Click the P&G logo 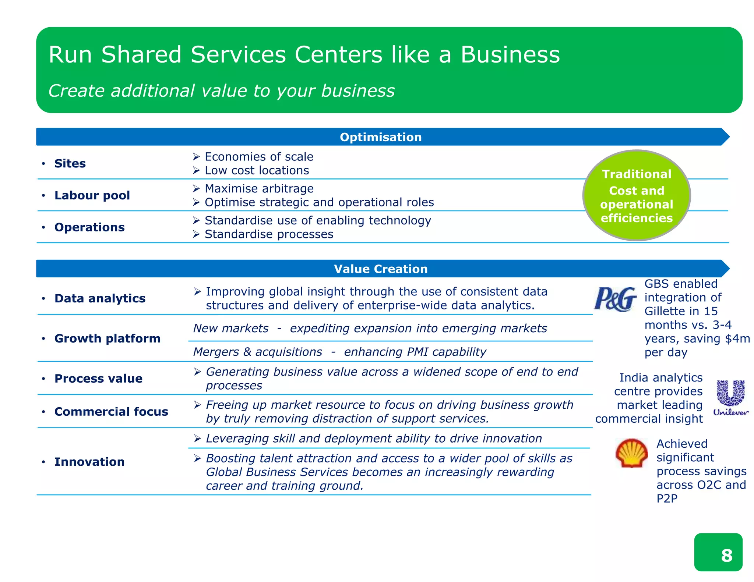(x=615, y=298)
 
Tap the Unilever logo (x=730, y=398)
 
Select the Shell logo (x=631, y=453)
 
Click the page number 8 (x=726, y=555)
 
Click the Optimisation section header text (x=381, y=137)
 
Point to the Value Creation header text (x=381, y=269)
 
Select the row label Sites (x=70, y=163)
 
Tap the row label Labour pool (x=92, y=195)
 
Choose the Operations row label (x=89, y=227)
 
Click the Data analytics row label (x=100, y=298)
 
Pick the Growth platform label (x=107, y=338)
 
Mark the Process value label (x=98, y=379)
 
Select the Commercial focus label (x=111, y=412)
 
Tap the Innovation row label (x=89, y=462)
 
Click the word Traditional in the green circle (x=637, y=174)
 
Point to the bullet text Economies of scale (x=259, y=157)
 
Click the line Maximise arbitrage (x=259, y=189)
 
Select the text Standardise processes (x=269, y=234)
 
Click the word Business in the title (x=510, y=55)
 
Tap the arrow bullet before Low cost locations (x=196, y=171)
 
